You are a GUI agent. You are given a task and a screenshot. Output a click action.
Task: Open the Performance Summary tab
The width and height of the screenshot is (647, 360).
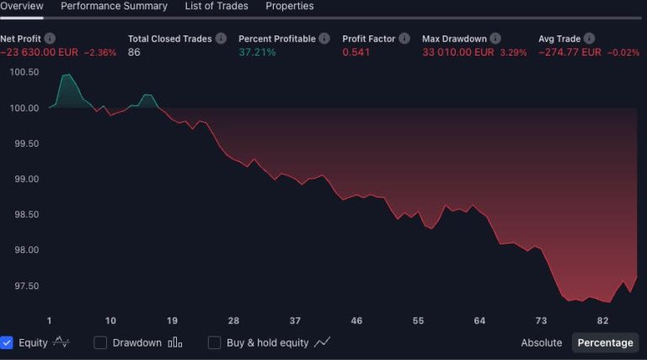coord(114,6)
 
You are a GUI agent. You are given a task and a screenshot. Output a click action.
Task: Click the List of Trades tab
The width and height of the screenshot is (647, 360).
coord(217,6)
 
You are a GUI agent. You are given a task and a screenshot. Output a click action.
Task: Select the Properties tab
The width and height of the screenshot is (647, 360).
coord(290,6)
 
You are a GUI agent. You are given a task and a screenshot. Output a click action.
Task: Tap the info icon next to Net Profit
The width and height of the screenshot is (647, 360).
coord(50,39)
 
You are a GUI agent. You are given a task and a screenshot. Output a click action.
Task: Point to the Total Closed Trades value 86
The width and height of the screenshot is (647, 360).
coord(134,52)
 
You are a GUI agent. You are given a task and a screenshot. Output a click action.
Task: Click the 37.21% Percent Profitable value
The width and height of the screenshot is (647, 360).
coord(257,52)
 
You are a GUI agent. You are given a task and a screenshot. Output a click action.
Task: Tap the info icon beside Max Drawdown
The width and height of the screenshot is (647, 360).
coord(495,39)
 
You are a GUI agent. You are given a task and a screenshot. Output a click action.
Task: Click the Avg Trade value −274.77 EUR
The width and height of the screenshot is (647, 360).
coord(569,52)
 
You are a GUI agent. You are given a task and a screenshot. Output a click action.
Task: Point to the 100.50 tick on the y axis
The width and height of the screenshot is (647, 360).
coord(24,73)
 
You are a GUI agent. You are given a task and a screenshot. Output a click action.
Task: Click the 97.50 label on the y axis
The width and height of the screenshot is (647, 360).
coord(24,287)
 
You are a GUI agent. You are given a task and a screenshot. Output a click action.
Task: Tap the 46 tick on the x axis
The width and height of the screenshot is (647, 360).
coord(356,321)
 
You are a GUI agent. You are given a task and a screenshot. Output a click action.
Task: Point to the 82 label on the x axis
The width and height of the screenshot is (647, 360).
coord(602,321)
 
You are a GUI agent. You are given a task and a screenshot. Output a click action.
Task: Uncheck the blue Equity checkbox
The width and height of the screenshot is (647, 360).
coord(7,343)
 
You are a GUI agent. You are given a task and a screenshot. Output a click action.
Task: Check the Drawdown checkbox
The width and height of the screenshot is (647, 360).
coord(100,343)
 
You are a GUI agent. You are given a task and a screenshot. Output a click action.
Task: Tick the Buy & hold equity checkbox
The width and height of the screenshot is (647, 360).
coord(214,343)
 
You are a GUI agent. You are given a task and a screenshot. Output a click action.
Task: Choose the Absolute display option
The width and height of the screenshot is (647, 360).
coord(541,343)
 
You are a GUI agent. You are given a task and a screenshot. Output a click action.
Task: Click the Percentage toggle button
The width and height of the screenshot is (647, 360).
coord(605,343)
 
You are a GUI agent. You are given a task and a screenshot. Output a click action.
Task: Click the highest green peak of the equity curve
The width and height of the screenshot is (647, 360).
coord(67,75)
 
